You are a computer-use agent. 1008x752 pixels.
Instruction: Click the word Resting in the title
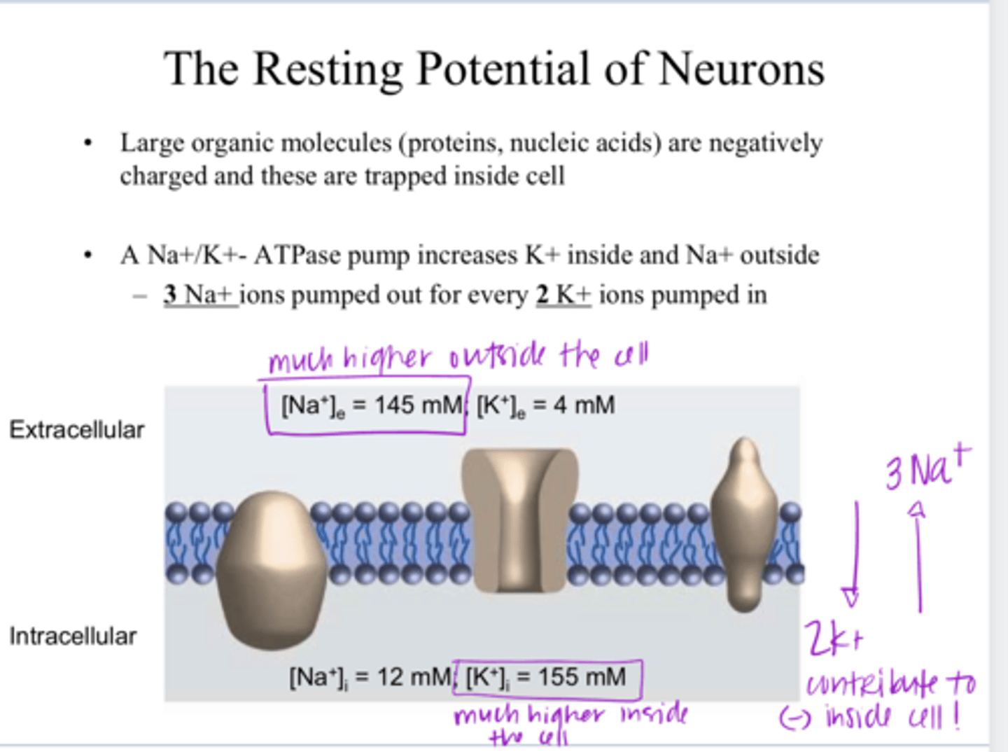[x=327, y=70]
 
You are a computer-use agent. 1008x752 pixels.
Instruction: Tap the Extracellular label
[x=76, y=429]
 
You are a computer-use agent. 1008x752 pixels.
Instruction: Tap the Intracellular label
[x=73, y=636]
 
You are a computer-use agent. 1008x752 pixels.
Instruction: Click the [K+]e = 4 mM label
[x=545, y=405]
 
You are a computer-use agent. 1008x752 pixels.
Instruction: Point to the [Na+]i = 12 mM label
[x=370, y=677]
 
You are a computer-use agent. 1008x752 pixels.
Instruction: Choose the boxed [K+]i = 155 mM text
[x=547, y=677]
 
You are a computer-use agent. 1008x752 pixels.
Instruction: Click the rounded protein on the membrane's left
[x=272, y=569]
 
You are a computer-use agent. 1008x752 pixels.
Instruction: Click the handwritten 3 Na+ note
[x=927, y=468]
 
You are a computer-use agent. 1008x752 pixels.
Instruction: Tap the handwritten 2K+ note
[x=832, y=638]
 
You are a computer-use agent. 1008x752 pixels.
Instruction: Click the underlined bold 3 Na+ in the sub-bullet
[x=199, y=295]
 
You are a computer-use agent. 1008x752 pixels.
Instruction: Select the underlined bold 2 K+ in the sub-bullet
[x=563, y=295]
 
